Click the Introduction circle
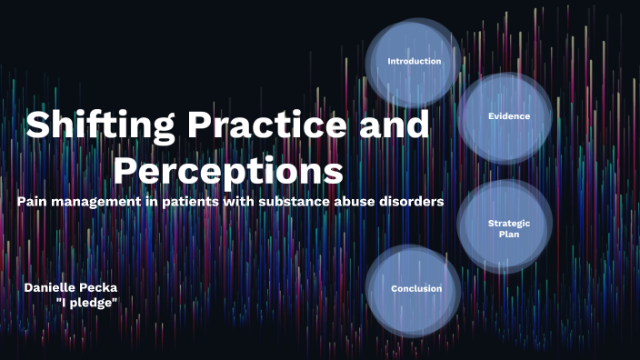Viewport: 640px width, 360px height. pyautogui.click(x=414, y=62)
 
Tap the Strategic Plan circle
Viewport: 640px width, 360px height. pyautogui.click(x=507, y=228)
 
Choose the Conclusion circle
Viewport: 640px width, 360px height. pyautogui.click(x=415, y=289)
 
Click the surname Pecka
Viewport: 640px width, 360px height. pyautogui.click(x=101, y=287)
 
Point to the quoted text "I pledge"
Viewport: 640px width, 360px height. pyautogui.click(x=86, y=302)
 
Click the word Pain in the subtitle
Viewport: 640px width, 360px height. pyautogui.click(x=33, y=201)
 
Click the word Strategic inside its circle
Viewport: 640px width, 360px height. pyautogui.click(x=508, y=223)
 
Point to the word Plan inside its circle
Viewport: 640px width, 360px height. pyautogui.click(x=508, y=235)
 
